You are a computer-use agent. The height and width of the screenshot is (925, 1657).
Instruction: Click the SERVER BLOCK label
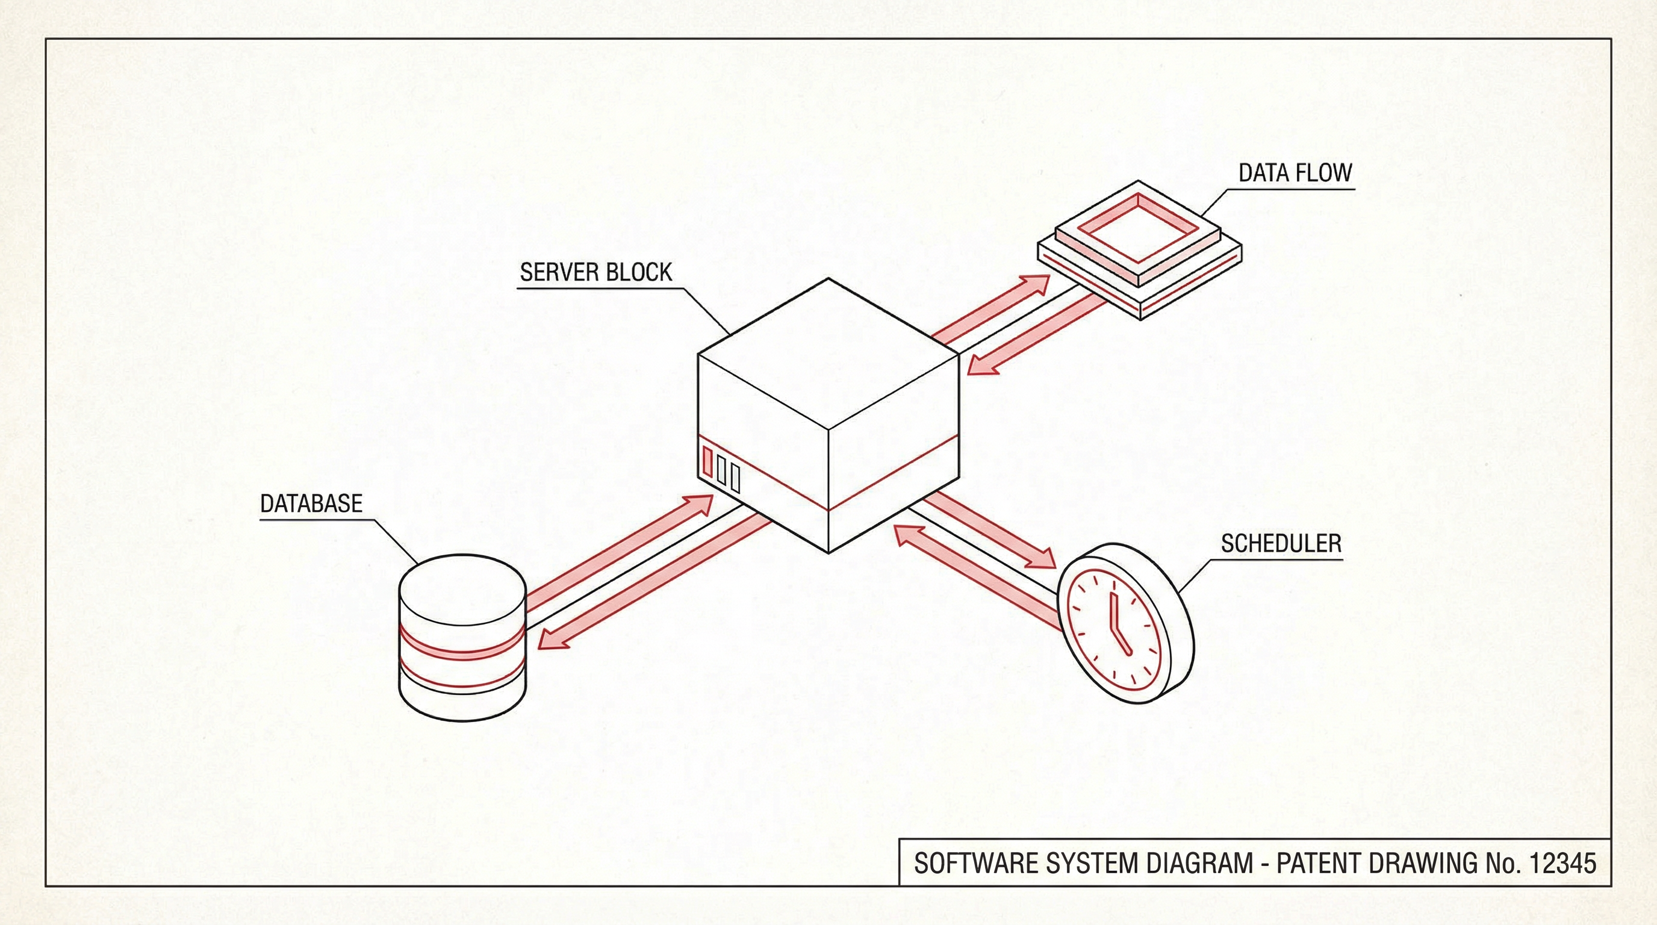click(595, 273)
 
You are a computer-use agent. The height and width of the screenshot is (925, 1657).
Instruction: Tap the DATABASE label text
click(311, 503)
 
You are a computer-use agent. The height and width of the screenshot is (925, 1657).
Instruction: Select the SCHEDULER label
click(1281, 544)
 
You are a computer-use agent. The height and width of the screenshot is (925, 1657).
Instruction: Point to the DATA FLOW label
click(1295, 173)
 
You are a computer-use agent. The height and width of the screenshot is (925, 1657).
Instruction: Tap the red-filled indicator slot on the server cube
click(707, 461)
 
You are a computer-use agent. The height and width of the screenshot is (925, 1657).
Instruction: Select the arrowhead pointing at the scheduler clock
click(1041, 558)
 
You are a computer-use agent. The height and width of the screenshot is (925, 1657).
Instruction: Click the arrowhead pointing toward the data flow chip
click(1034, 285)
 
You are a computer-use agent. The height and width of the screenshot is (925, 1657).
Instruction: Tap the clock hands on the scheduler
click(1118, 623)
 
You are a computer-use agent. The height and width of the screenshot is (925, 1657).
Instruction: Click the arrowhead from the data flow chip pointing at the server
click(983, 367)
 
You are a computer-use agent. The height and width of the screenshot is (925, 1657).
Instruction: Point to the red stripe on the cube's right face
click(894, 473)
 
